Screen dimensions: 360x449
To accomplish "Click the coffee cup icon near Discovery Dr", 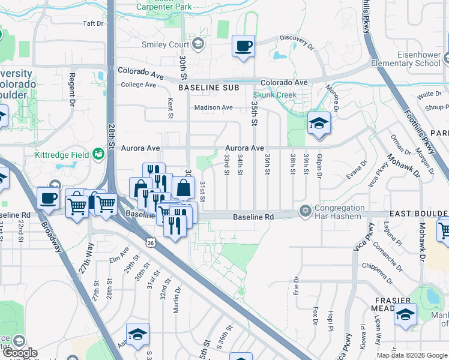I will [x=243, y=46].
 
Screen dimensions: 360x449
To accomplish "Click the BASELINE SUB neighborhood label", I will [x=208, y=88].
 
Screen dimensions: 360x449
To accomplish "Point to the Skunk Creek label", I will [x=275, y=95].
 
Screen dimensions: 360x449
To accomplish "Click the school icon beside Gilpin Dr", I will [x=319, y=124].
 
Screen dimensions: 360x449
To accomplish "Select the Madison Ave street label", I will [x=212, y=108].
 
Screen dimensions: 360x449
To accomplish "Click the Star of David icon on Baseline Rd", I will [x=305, y=212].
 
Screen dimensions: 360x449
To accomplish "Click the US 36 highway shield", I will [x=149, y=241].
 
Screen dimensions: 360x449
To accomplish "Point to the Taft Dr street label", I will [x=94, y=24].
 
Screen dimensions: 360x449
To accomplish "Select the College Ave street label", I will [x=138, y=85].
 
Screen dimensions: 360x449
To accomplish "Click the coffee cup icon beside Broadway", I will [x=47, y=198].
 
